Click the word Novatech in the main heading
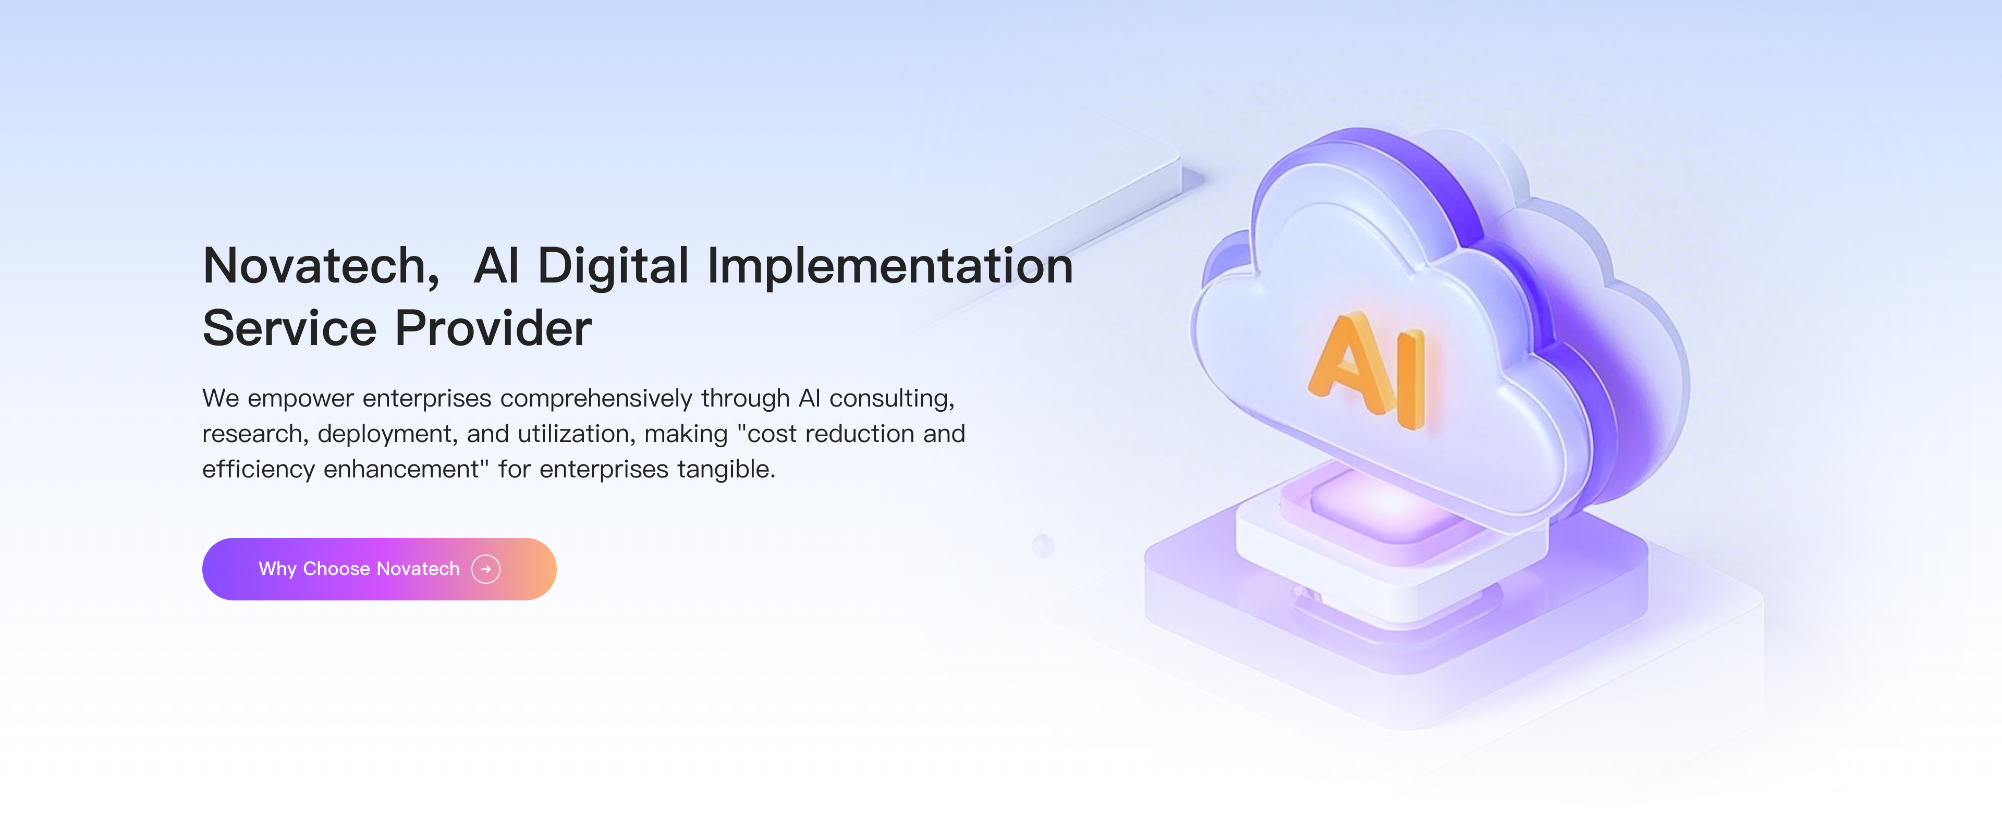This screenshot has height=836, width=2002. click(x=315, y=266)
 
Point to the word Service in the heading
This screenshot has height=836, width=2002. click(x=289, y=328)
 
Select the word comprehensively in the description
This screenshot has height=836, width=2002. click(x=595, y=399)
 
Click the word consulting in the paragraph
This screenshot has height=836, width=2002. click(x=889, y=399)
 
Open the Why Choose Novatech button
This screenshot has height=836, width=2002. click(x=379, y=569)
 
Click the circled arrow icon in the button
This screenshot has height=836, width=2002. click(x=486, y=569)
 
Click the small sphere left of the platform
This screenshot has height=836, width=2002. click(x=1043, y=545)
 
